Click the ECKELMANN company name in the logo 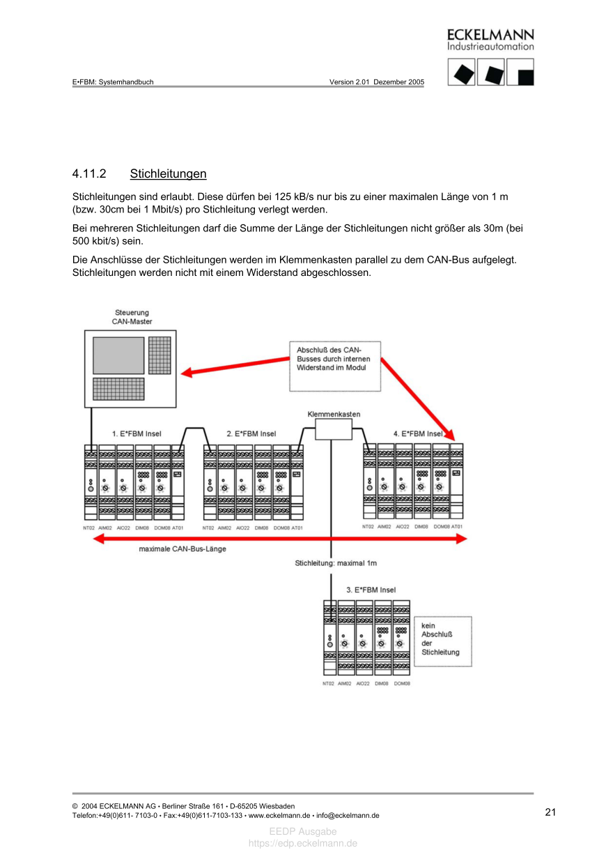tap(490, 35)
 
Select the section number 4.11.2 tap(88, 173)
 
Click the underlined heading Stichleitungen tap(168, 173)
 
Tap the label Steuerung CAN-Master tap(132, 317)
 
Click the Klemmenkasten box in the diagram tap(333, 429)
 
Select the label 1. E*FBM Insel tap(137, 433)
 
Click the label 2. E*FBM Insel tap(251, 433)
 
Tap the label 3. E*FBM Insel tap(371, 589)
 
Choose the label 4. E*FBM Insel tap(419, 433)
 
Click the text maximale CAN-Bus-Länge tap(182, 549)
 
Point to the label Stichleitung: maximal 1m tap(336, 563)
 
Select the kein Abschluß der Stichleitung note tap(441, 639)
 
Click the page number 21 tap(550, 812)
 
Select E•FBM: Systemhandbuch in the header tap(113, 82)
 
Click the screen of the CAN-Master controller tap(118, 355)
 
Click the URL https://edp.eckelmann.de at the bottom tap(303, 843)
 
